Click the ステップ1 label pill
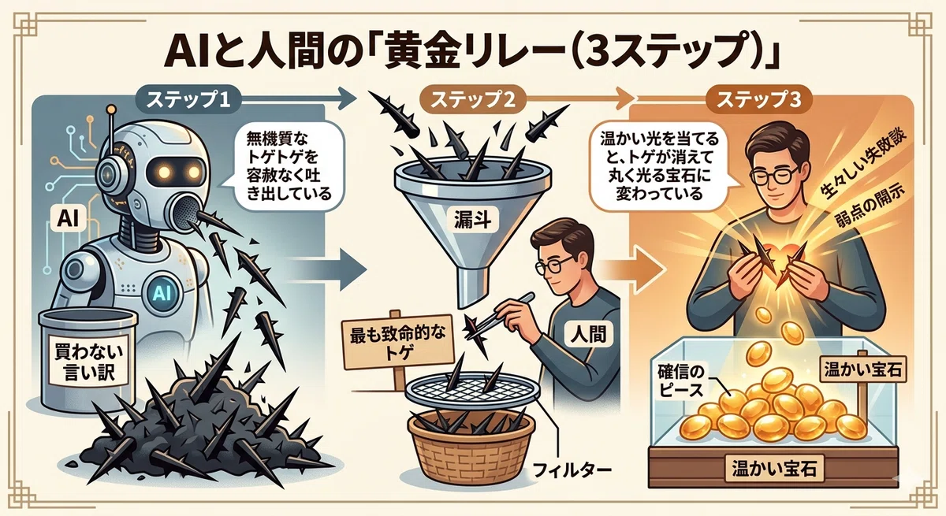tap(188, 100)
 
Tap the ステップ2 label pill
tap(472, 100)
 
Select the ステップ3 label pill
tap(758, 100)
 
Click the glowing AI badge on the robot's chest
tap(161, 291)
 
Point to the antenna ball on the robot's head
tap(111, 111)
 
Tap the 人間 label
tap(588, 335)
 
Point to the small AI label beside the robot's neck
tap(68, 219)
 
